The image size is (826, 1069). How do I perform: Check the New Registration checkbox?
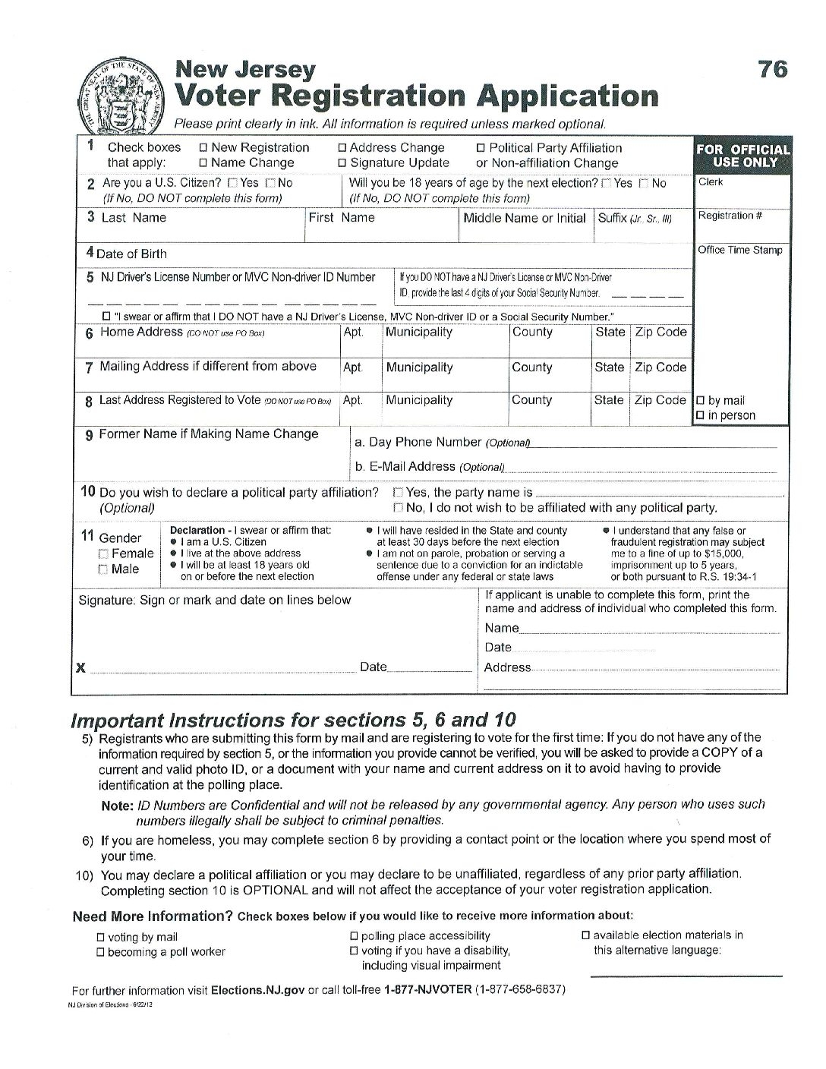click(x=203, y=148)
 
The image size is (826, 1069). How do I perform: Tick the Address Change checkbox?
click(x=342, y=148)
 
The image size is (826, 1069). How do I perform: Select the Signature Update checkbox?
click(x=342, y=163)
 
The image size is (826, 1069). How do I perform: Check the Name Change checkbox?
click(x=203, y=163)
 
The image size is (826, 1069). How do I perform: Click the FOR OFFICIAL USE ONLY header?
click(x=742, y=156)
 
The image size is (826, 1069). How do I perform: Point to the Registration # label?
click(x=730, y=216)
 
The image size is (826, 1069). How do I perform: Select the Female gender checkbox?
click(x=103, y=554)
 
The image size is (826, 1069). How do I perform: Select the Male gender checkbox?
click(x=103, y=569)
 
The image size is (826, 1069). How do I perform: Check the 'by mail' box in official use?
click(x=700, y=401)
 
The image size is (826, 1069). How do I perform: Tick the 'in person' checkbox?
click(x=700, y=416)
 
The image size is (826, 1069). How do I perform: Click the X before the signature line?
click(x=80, y=668)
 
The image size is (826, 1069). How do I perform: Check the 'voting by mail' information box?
click(x=100, y=938)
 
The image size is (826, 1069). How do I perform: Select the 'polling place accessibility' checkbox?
click(x=354, y=936)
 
